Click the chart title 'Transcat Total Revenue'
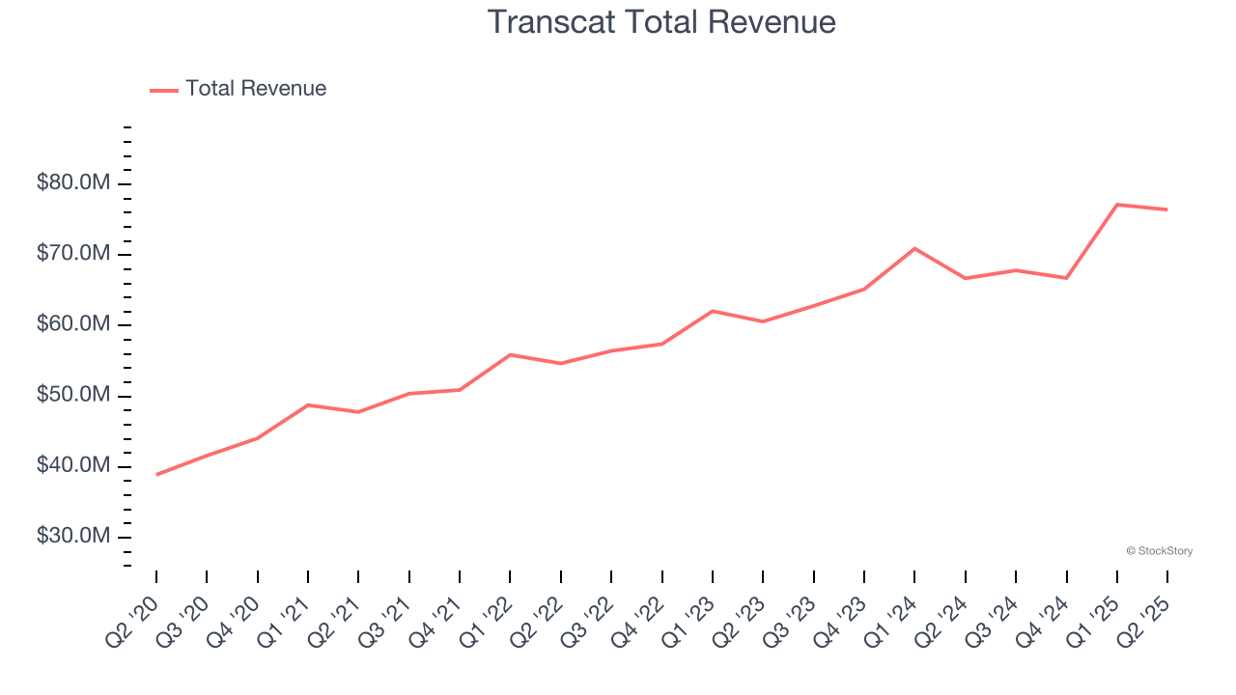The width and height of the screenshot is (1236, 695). tap(661, 21)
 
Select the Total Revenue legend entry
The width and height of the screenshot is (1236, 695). tap(239, 89)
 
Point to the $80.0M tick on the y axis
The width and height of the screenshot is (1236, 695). tap(73, 183)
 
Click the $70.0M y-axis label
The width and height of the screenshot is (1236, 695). tap(73, 254)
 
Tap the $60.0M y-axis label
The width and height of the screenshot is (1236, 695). tap(73, 324)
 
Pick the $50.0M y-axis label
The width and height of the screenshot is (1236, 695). tap(73, 396)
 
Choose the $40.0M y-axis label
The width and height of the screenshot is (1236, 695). tap(73, 466)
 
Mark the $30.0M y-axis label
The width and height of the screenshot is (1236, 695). tap(73, 537)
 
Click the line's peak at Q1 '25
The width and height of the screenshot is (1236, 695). tap(1117, 205)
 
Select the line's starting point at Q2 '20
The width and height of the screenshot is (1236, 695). tap(156, 474)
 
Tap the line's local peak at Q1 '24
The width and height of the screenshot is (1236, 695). tap(914, 249)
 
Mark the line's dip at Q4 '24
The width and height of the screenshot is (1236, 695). tap(1066, 278)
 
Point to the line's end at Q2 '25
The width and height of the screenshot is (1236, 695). tap(1167, 209)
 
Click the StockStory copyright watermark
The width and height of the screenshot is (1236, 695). tap(1159, 551)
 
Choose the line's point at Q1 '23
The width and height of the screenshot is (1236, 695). tap(713, 311)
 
